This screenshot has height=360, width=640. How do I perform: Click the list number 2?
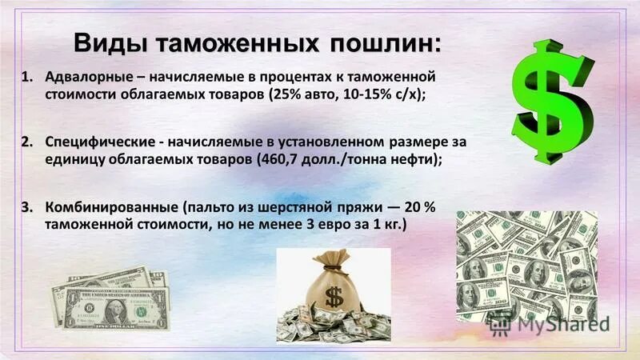point(26,142)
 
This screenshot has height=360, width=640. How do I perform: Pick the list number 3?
point(26,206)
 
